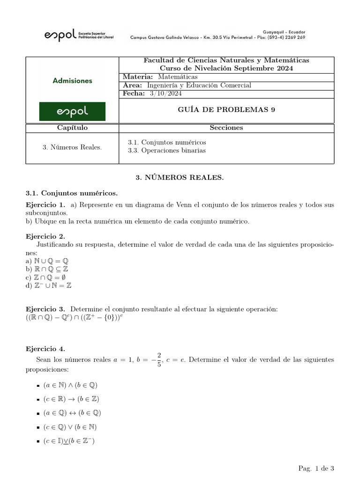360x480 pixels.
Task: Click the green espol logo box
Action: [72, 112]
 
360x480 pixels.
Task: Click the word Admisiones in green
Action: [72, 81]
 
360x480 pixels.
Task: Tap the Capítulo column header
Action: [72, 128]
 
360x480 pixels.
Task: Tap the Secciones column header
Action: [226, 128]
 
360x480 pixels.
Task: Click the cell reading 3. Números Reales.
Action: [72, 147]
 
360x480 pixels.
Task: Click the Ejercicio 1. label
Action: [45, 205]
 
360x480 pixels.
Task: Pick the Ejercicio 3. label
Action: [45, 309]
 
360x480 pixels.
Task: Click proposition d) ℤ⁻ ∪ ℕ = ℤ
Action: [49, 285]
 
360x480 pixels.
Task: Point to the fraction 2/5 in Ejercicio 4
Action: [159, 360]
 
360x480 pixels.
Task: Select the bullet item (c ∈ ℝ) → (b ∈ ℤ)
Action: [71, 399]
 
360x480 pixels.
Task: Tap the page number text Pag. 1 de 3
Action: [316, 468]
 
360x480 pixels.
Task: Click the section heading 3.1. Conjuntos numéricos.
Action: [72, 193]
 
